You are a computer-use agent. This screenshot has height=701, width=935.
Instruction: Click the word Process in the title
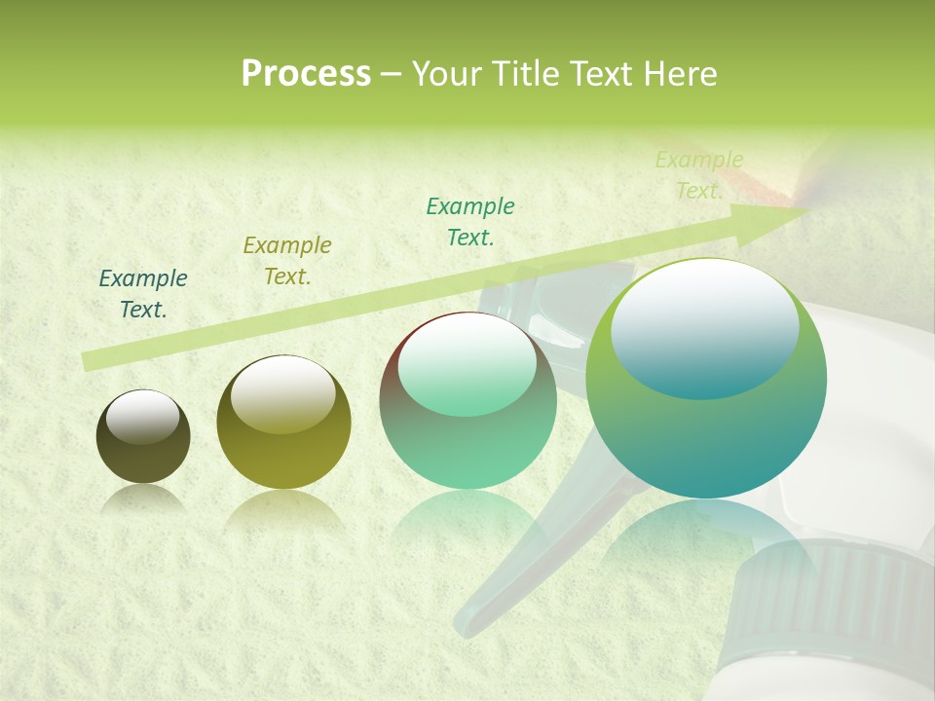[x=306, y=74]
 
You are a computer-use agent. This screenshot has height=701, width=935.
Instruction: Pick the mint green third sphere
[x=467, y=401]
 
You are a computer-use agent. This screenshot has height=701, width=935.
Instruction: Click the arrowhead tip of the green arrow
[x=804, y=207]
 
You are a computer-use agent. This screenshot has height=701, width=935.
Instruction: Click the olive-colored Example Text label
[x=287, y=261]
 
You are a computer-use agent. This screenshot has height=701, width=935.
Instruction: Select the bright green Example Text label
[x=470, y=222]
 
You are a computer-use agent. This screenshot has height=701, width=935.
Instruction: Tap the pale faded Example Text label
[x=699, y=175]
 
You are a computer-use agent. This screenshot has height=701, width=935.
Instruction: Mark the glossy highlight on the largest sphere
[x=705, y=329]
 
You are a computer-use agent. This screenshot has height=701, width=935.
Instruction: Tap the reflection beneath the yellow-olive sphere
[x=283, y=511]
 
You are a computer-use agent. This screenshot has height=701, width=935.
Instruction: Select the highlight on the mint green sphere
[x=467, y=365]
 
